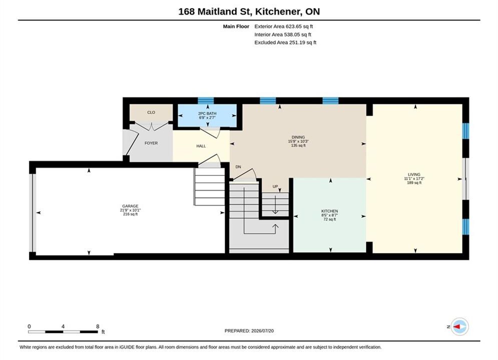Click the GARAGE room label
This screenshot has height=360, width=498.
(130, 206)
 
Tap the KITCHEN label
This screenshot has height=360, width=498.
(329, 211)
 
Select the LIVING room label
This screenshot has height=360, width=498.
(414, 175)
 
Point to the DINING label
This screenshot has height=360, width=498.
(298, 137)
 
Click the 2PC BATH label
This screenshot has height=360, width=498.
(207, 113)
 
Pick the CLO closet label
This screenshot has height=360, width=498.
(151, 112)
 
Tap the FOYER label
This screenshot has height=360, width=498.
(151, 143)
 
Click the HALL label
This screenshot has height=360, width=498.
(201, 146)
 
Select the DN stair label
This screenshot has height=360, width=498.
(238, 167)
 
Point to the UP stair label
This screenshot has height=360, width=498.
(275, 186)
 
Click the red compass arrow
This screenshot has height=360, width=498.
(457, 326)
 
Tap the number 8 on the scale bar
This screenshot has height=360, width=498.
(98, 326)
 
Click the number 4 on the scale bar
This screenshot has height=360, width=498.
(63, 326)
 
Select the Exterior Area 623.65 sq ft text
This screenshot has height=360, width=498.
(284, 26)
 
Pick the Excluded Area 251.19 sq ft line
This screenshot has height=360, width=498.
(285, 42)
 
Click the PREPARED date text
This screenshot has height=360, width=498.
(249, 331)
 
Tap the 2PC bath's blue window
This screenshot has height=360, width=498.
(206, 101)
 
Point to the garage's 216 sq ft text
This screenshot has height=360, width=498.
(130, 214)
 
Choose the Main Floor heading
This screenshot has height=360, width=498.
(236, 26)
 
